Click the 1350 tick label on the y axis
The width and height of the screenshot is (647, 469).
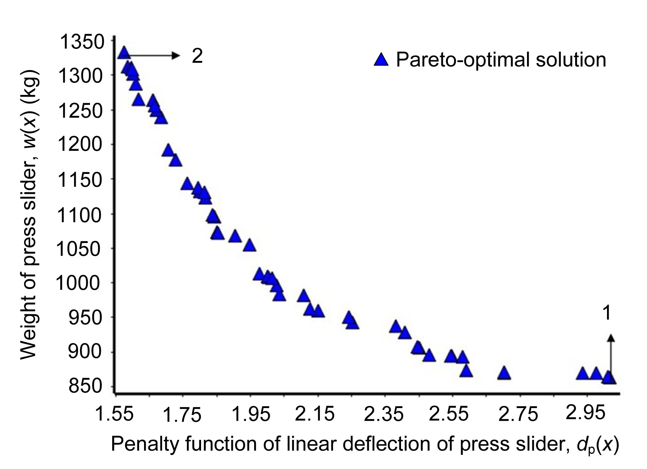click(x=82, y=42)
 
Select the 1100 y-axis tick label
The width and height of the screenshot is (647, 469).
click(x=82, y=215)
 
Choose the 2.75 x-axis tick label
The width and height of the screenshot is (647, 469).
click(x=518, y=414)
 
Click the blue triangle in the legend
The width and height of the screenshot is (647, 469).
click(x=381, y=60)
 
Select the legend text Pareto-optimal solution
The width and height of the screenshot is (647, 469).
click(x=501, y=60)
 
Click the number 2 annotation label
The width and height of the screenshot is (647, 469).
click(x=197, y=56)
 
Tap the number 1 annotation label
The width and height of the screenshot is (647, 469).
click(x=607, y=313)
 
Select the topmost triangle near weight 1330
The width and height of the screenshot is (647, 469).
click(x=124, y=52)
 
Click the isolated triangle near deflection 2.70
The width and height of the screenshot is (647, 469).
click(x=504, y=373)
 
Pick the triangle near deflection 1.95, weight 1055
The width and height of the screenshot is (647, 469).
click(x=250, y=245)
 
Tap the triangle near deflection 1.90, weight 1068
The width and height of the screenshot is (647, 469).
click(x=235, y=236)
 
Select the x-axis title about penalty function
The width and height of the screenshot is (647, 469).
click(x=365, y=445)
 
